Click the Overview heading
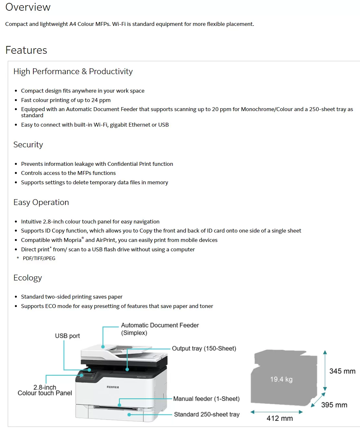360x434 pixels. click(28, 7)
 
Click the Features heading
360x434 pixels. click(26, 50)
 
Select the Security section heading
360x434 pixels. click(28, 144)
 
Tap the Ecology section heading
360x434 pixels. click(28, 278)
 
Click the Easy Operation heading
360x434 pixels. click(41, 202)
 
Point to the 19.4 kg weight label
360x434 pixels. click(281, 379)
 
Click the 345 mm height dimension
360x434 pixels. click(342, 371)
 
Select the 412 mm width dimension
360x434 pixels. click(280, 418)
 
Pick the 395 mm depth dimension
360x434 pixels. click(334, 405)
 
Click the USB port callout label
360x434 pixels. click(67, 336)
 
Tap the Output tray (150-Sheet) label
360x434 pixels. click(204, 348)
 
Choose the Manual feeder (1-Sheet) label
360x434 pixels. click(206, 399)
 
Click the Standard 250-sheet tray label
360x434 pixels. click(207, 414)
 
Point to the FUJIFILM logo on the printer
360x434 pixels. click(113, 387)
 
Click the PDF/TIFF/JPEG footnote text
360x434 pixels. click(39, 258)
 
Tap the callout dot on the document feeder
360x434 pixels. click(103, 347)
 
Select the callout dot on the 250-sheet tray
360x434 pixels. click(129, 415)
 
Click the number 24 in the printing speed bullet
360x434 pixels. click(95, 100)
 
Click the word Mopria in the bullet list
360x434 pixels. click(73, 240)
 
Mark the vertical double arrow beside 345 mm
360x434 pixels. click(325, 371)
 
